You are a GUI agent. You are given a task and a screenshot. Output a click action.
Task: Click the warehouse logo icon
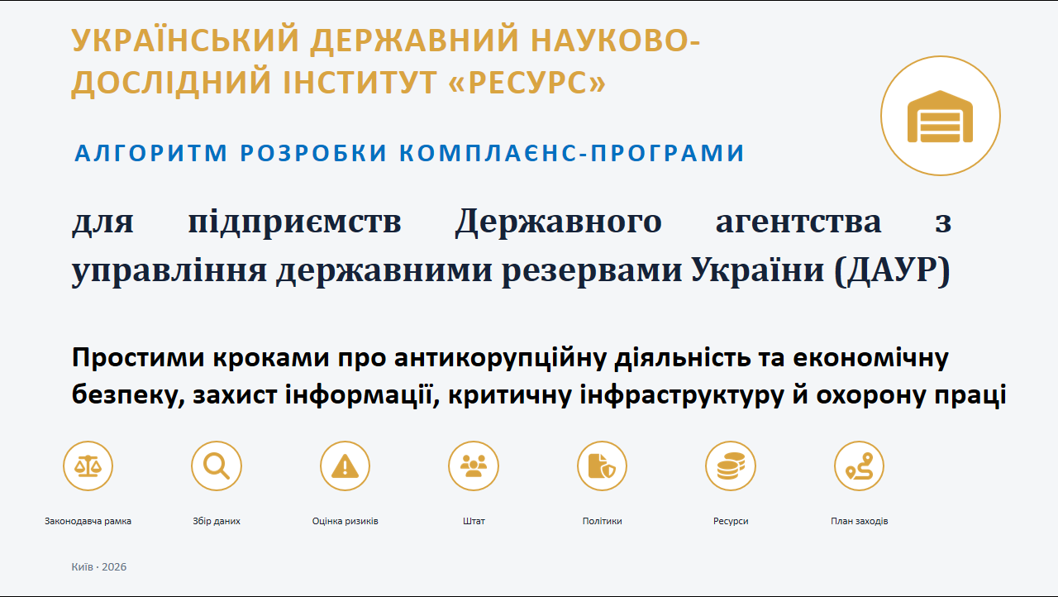click(x=940, y=117)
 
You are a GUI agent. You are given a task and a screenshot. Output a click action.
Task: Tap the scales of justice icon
click(x=88, y=466)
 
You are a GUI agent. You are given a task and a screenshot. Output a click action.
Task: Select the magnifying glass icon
click(x=217, y=466)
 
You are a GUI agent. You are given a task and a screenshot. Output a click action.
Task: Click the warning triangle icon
click(x=345, y=466)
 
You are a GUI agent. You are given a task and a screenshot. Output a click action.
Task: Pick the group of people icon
click(x=474, y=466)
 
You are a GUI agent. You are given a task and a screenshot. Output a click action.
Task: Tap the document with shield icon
click(x=602, y=466)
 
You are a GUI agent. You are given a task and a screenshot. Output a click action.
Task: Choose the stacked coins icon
click(x=731, y=466)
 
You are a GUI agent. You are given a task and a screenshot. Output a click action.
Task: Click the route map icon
click(x=859, y=466)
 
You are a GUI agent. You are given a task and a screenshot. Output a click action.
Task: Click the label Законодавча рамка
click(x=88, y=521)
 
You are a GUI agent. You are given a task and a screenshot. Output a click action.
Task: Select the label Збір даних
click(x=217, y=521)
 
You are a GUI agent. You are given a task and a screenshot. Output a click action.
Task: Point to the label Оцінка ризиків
click(x=345, y=521)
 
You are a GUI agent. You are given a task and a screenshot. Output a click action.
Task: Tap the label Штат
click(x=474, y=521)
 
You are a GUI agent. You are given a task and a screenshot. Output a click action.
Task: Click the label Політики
click(x=603, y=521)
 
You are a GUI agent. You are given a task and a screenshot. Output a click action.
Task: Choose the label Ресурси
click(x=731, y=521)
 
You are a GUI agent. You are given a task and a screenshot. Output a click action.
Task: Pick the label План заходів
click(x=859, y=521)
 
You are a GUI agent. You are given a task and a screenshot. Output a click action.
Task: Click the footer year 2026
click(x=114, y=566)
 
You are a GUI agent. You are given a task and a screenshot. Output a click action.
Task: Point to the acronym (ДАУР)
click(x=892, y=271)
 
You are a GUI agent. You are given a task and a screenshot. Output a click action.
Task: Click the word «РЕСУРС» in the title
click(x=527, y=82)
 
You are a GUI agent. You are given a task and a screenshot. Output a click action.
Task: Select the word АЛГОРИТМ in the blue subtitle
click(x=151, y=153)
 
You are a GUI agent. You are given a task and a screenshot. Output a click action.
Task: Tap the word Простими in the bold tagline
click(x=138, y=357)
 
